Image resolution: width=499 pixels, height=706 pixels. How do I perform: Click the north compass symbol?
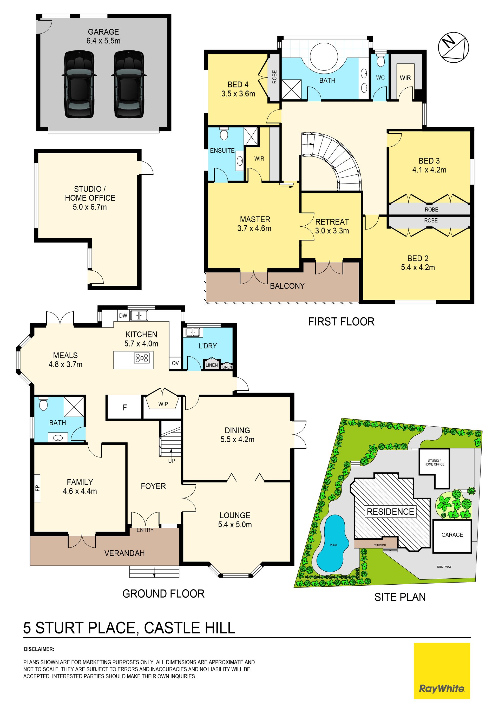(x=453, y=47)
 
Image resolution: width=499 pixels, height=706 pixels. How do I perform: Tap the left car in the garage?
(x=79, y=84)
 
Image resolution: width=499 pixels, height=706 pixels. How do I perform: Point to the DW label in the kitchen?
(x=123, y=316)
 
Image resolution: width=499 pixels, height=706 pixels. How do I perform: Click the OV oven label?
(x=175, y=363)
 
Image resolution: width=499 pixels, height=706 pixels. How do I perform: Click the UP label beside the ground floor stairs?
(x=172, y=461)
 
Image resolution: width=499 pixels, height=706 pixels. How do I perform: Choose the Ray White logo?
(x=442, y=671)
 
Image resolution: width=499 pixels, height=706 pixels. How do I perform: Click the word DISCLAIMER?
(x=39, y=649)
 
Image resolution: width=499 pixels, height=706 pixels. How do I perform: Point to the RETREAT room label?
(x=332, y=222)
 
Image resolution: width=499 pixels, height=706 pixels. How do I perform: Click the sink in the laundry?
(x=193, y=332)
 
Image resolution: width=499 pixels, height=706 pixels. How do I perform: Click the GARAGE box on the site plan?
(x=452, y=536)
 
